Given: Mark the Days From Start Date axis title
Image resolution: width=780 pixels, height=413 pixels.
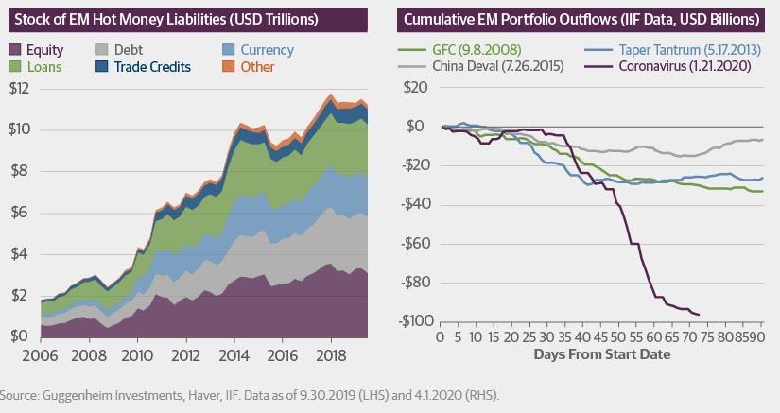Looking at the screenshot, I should (x=602, y=354).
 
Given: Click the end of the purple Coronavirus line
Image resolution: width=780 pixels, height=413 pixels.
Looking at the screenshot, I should (x=699, y=315).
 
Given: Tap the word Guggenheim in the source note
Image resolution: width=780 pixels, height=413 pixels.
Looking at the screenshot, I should (x=87, y=393).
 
